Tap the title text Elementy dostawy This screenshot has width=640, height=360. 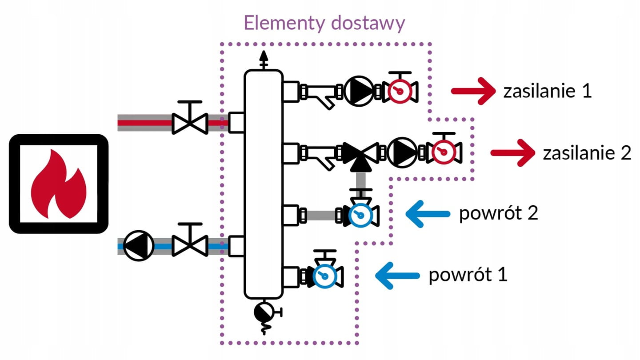pyautogui.click(x=324, y=23)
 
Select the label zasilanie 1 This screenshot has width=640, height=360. pyautogui.click(x=547, y=92)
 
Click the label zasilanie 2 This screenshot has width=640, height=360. pyautogui.click(x=587, y=153)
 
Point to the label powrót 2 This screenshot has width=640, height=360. pyautogui.click(x=498, y=213)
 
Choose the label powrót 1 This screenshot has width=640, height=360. pyautogui.click(x=468, y=275)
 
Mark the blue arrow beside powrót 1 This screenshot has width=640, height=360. pyautogui.click(x=397, y=276)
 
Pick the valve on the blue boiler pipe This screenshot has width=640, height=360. pyautogui.click(x=190, y=245)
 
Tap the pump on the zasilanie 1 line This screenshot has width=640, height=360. pyautogui.click(x=359, y=91)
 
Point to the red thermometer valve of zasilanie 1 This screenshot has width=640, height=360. pyautogui.click(x=398, y=91)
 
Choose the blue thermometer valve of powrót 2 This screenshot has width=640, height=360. pyautogui.click(x=360, y=215)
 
